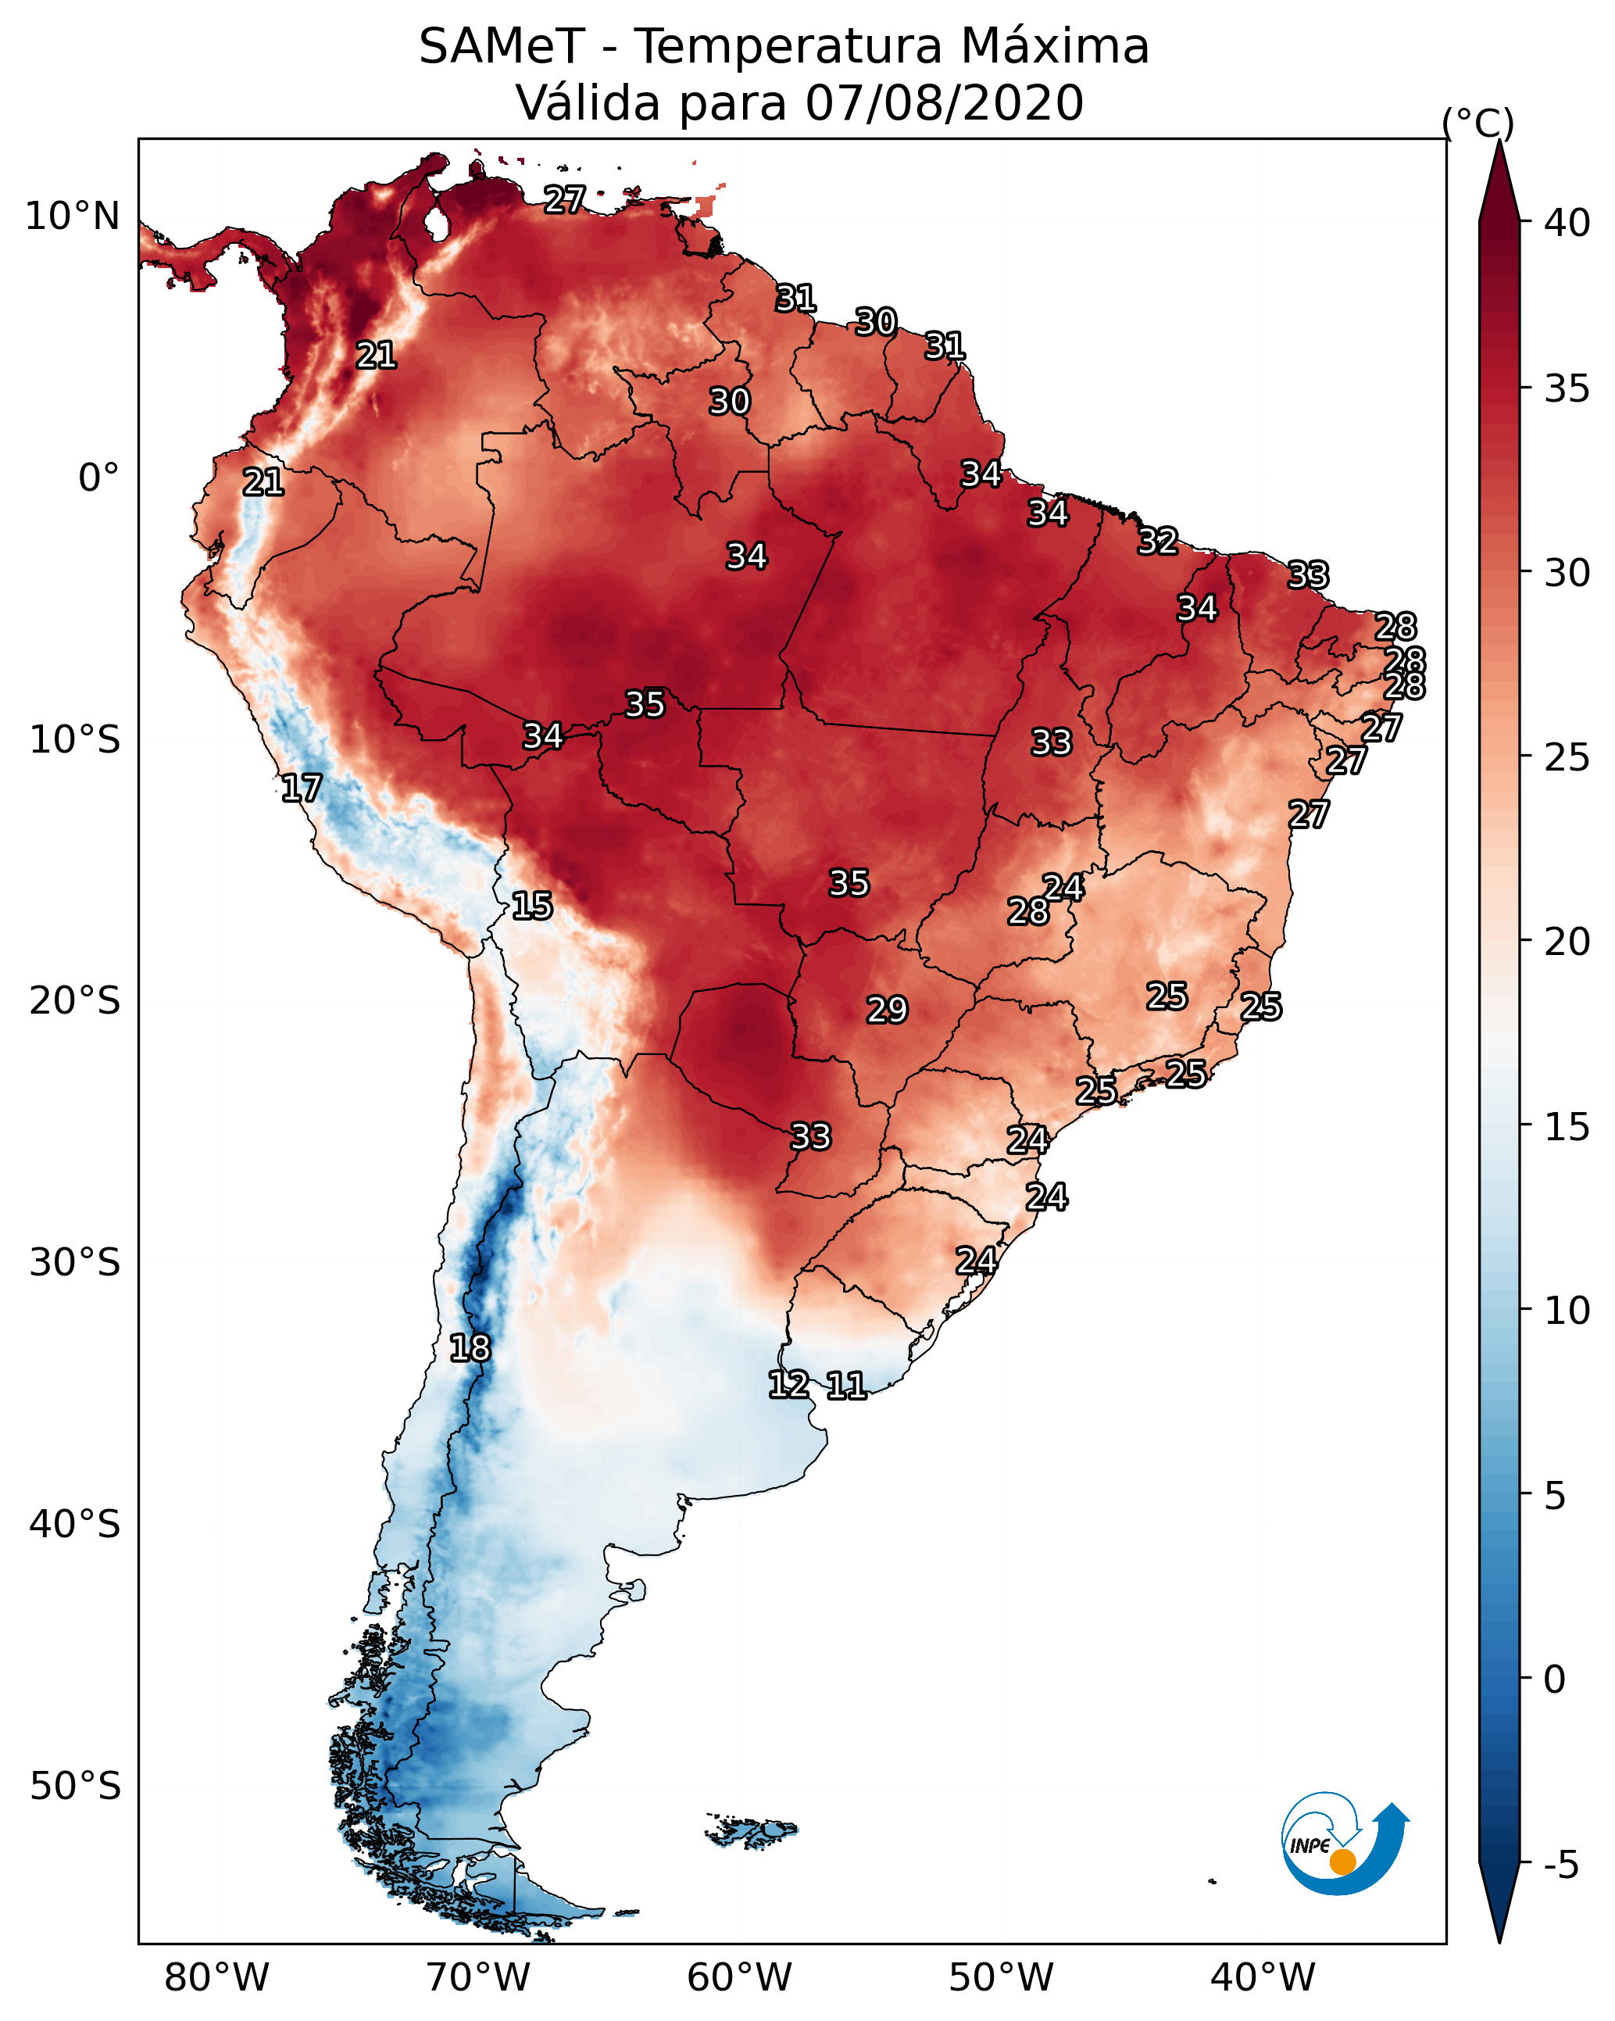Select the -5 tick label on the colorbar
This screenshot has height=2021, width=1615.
(x=1562, y=1865)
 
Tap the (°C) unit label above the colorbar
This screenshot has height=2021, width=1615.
(x=1478, y=123)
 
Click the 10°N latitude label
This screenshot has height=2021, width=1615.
(x=72, y=216)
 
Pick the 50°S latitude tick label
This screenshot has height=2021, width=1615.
(x=75, y=1787)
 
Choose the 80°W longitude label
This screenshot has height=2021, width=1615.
(x=216, y=1978)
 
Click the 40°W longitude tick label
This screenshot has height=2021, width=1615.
(x=1263, y=1978)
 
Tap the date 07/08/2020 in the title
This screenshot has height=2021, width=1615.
(x=945, y=102)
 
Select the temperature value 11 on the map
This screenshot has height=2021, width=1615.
(x=845, y=1386)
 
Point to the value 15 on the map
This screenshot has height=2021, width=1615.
(x=531, y=906)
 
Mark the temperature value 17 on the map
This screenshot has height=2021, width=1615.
(x=301, y=789)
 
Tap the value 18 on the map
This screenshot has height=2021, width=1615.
(x=470, y=1348)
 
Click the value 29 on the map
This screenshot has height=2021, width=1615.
(x=887, y=1010)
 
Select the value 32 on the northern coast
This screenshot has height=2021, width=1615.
(x=1158, y=541)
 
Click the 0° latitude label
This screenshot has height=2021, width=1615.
(x=99, y=478)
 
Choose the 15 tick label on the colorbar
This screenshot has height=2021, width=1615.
(x=1567, y=1127)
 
